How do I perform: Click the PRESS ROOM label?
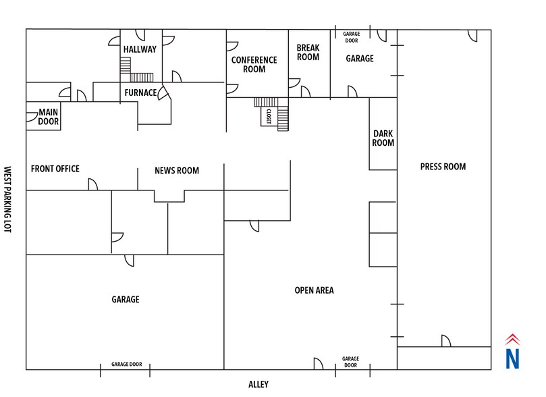[443, 167]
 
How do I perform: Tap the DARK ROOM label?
[383, 138]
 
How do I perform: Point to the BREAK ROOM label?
[308, 53]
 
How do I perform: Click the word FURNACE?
[140, 92]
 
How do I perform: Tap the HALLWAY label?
[140, 49]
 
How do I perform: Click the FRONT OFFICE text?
[55, 169]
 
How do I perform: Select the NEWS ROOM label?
[177, 170]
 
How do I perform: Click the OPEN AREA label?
[314, 290]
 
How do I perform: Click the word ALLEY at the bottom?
[258, 384]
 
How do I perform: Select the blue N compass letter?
[514, 359]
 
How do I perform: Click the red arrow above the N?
[514, 340]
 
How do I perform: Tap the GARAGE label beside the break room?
[360, 59]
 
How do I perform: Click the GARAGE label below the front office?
[125, 299]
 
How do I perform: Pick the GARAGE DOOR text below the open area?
[350, 362]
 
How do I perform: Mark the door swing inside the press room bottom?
[446, 341]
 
